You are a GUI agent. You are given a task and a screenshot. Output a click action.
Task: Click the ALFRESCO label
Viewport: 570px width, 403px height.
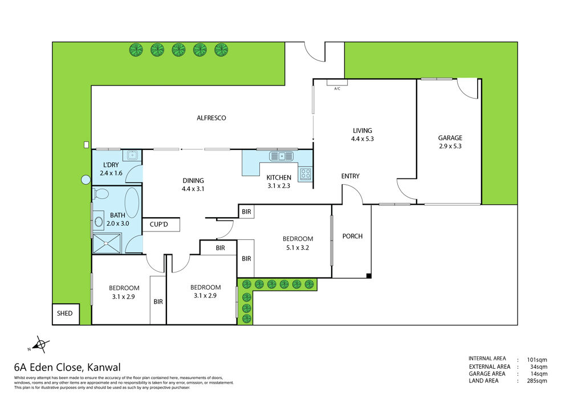[x=211, y=118]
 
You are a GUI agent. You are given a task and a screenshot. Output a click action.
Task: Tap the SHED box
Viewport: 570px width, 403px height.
[x=66, y=314]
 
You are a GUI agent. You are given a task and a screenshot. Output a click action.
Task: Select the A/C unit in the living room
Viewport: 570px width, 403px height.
[x=337, y=83]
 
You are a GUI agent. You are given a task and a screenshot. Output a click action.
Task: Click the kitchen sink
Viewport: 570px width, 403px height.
[x=281, y=156]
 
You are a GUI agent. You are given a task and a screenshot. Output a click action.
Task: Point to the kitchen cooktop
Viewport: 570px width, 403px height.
[x=306, y=174]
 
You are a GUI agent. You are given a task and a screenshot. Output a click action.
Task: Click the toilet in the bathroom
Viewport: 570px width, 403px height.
[x=101, y=194]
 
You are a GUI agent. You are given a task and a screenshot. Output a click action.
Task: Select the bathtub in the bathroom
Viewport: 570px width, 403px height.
[x=132, y=203]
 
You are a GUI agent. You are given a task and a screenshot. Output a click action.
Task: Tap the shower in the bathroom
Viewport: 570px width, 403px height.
[x=107, y=243]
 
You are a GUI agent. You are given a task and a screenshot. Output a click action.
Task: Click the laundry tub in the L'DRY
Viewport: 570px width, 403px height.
[x=132, y=156]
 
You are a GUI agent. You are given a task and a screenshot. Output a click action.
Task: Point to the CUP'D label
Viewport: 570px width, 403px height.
[x=159, y=225]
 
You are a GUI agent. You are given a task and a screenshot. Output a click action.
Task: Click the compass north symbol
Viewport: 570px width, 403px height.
[x=40, y=344]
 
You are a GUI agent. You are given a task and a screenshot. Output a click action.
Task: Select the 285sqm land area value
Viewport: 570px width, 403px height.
[x=537, y=381]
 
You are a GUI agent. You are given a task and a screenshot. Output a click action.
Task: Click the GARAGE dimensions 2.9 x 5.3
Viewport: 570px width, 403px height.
[x=450, y=146]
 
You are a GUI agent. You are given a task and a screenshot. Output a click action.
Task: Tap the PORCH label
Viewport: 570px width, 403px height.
[x=352, y=236]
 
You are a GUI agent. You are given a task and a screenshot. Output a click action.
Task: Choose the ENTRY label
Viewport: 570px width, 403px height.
[x=350, y=176]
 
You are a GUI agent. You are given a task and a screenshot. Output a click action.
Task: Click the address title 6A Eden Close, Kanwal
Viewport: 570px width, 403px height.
[x=67, y=368]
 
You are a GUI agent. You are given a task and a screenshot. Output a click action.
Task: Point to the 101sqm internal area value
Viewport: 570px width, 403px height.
[x=537, y=360]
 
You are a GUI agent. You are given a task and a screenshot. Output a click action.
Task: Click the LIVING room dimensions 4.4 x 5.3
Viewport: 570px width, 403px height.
[x=362, y=139]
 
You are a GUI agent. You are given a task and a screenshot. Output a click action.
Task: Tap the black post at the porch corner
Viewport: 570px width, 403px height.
[x=369, y=276]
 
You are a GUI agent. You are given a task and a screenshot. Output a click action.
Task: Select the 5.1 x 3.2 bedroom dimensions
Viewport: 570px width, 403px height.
[x=298, y=247]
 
